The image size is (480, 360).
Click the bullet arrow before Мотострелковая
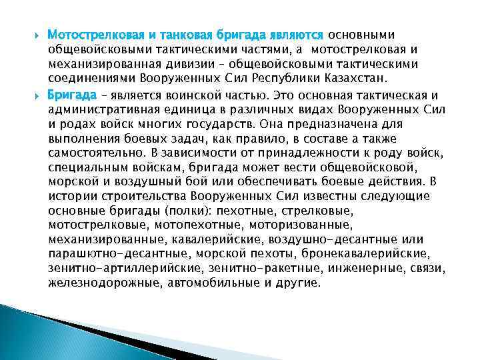point(37,34)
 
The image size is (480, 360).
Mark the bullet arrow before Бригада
point(37,95)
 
